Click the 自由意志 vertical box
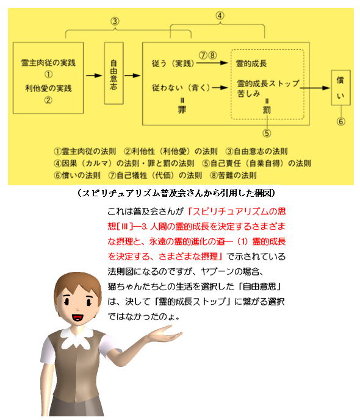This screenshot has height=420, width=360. [x=114, y=73]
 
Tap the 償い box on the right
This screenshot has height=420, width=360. [x=340, y=88]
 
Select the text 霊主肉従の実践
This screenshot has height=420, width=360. [x=48, y=63]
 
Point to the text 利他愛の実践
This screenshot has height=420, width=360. [x=48, y=88]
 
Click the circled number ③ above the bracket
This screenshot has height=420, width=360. [x=115, y=21]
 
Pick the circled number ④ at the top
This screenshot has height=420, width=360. [x=220, y=15]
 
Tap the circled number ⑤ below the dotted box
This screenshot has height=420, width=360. [x=267, y=133]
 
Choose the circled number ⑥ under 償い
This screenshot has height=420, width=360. [x=340, y=121]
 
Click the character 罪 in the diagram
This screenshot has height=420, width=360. [x=182, y=109]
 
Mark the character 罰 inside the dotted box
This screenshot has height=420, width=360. [x=267, y=110]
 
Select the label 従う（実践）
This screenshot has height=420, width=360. [x=173, y=63]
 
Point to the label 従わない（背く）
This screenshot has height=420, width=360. [x=181, y=88]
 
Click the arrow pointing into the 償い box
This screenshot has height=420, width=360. [x=315, y=88]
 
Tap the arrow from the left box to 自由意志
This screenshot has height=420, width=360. [x=94, y=76]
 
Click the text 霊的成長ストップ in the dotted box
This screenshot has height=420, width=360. [x=268, y=84]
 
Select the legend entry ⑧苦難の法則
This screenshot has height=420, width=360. [x=233, y=176]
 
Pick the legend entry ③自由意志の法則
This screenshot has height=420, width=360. [x=256, y=151]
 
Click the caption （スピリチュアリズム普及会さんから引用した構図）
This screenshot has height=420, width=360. [x=176, y=193]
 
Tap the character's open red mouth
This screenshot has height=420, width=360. [x=77, y=318]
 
